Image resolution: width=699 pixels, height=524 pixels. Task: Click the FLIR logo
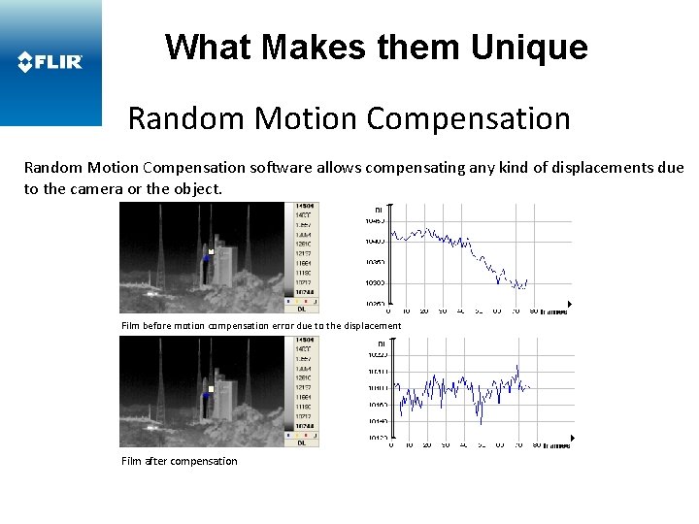(x=50, y=63)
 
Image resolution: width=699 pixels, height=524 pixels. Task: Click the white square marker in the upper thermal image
(x=210, y=252)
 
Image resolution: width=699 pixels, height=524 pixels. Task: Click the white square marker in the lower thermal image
(x=210, y=389)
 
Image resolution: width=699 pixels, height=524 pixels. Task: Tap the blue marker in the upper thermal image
(x=207, y=259)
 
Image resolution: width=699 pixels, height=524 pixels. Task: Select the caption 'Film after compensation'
(x=179, y=461)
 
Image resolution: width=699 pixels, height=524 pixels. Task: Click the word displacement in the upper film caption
(x=371, y=326)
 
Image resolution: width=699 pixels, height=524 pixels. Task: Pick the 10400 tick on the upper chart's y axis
(x=375, y=241)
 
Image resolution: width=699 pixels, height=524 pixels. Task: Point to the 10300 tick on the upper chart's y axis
(x=375, y=282)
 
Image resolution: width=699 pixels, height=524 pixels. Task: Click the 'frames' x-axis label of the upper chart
(x=555, y=311)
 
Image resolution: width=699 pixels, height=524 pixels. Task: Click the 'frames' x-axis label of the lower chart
(x=555, y=446)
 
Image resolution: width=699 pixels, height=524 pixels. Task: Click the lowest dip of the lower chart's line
(x=480, y=423)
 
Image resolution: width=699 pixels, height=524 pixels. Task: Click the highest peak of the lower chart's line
(x=518, y=367)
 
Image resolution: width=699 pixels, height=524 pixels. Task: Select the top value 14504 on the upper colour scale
(x=303, y=207)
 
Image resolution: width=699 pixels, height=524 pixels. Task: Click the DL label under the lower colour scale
(x=302, y=442)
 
